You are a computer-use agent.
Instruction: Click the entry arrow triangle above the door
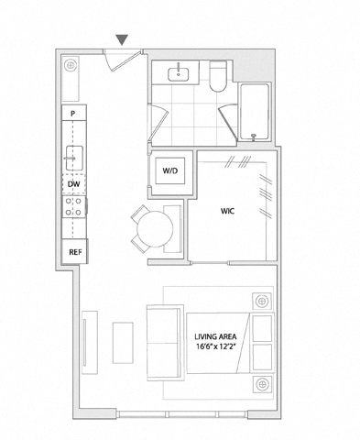(122, 39)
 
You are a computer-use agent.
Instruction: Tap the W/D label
(170, 170)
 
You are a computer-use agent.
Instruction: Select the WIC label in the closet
(228, 211)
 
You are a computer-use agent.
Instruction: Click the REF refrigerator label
(75, 252)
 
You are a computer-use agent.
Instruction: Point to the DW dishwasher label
(73, 184)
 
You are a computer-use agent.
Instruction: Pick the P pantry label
(72, 114)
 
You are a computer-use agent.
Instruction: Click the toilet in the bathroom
(218, 76)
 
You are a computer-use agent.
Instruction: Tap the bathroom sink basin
(178, 73)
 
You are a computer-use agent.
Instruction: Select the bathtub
(255, 111)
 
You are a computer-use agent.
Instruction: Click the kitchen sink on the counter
(74, 158)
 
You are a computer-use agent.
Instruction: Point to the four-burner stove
(74, 206)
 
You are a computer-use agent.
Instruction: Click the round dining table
(155, 228)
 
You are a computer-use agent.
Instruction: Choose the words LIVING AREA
(215, 336)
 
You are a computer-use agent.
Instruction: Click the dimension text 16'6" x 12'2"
(217, 346)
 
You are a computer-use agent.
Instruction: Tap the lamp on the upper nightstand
(262, 302)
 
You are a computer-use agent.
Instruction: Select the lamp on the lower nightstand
(262, 384)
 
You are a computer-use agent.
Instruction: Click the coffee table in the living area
(123, 343)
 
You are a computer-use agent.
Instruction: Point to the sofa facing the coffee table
(164, 343)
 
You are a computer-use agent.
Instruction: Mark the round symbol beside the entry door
(71, 65)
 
